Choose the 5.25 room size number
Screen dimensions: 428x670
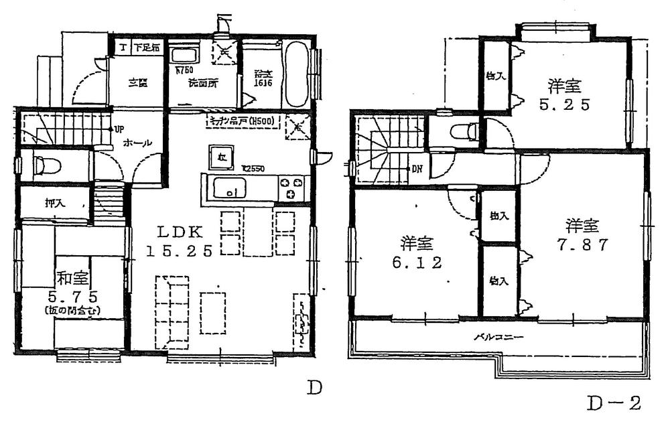tap(563, 105)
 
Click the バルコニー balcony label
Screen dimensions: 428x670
tap(498, 337)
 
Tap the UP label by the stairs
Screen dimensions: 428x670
tap(119, 129)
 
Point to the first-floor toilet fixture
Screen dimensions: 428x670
tap(42, 162)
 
